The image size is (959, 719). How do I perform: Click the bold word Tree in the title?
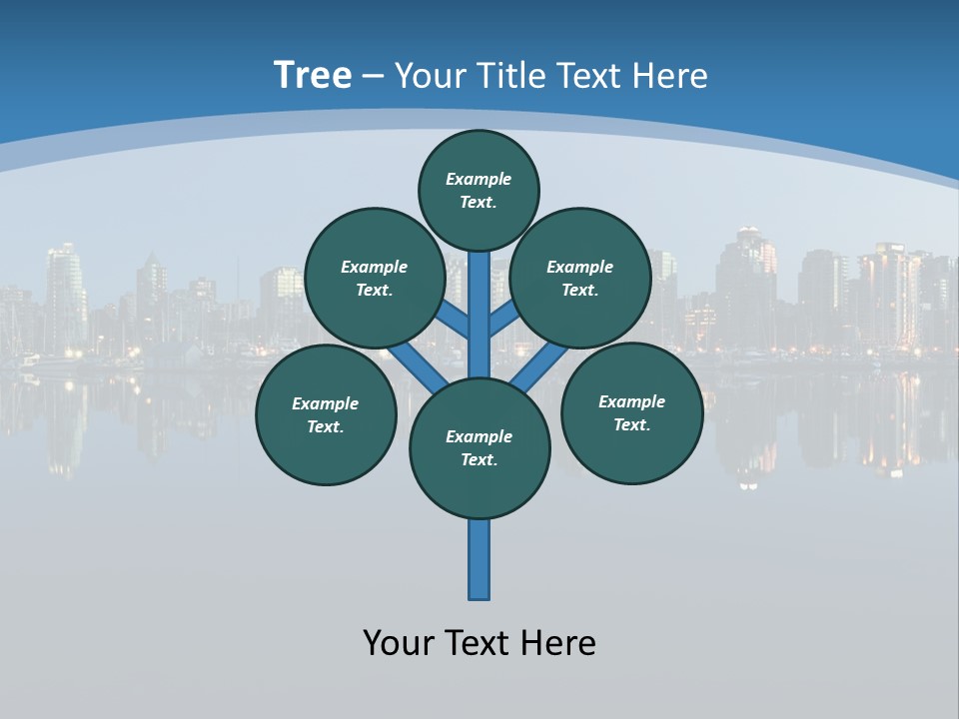313,76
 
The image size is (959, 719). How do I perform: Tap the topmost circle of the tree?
479,190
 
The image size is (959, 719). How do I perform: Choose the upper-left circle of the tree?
374,278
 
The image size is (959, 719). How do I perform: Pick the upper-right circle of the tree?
580,278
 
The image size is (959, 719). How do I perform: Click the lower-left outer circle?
326,414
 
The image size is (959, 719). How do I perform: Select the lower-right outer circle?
631,412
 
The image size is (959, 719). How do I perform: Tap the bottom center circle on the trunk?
479,447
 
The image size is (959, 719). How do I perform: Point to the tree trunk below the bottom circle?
479,559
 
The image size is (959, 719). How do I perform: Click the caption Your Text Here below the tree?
479,642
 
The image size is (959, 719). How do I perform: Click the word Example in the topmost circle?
479,179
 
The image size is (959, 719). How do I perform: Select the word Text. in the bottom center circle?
479,459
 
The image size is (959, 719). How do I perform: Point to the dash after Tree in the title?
373,76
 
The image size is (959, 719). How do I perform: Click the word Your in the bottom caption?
398,642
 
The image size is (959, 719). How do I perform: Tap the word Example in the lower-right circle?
631,401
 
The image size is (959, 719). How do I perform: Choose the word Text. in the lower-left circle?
326,426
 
